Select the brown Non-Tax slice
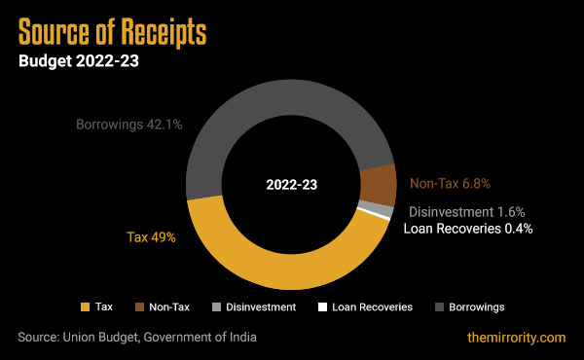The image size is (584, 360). [378, 184]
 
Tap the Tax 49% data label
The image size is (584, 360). [151, 236]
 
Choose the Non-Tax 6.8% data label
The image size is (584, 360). [449, 182]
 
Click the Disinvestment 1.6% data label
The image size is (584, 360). [466, 211]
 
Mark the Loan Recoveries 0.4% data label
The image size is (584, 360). [468, 229]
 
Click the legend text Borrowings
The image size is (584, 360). [476, 306]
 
